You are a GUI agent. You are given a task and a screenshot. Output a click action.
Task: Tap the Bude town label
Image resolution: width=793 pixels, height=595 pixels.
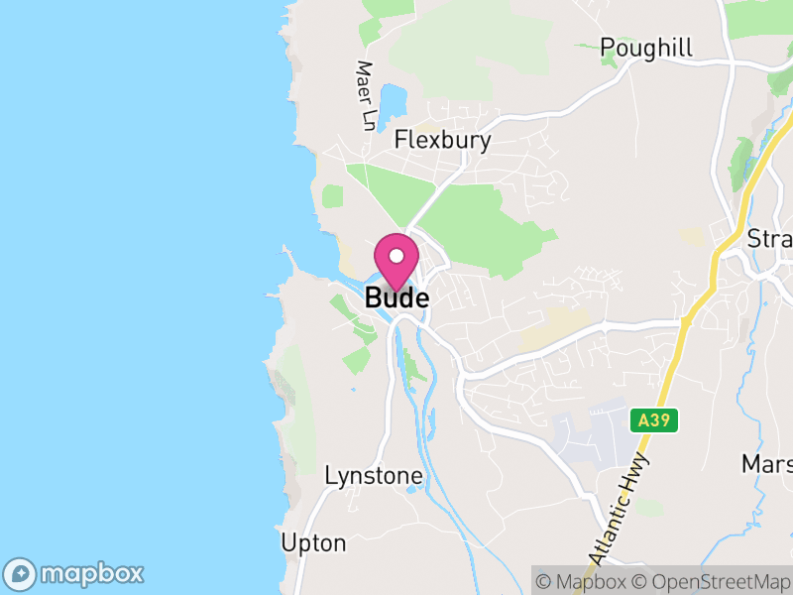pos(396,297)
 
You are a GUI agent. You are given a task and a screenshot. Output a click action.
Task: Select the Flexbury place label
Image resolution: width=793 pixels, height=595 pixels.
pos(442,140)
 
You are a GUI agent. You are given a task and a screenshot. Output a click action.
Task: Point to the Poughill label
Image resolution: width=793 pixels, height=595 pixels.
pos(646,48)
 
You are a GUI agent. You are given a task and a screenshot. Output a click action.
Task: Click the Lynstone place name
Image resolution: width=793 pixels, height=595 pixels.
pos(374,476)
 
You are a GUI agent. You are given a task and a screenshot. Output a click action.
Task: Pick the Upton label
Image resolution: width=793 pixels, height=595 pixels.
pos(313,543)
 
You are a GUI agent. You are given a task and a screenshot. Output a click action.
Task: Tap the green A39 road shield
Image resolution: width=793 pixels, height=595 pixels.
pos(654,420)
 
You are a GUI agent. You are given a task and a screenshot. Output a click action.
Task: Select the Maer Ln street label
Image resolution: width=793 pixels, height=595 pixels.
pos(367,96)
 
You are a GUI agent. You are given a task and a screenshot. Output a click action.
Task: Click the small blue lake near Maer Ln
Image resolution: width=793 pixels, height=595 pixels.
pos(393,99)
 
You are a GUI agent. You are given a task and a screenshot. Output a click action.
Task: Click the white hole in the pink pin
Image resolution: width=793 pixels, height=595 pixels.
pos(396,255)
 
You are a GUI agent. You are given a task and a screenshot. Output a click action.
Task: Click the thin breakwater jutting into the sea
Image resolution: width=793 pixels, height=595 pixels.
pos(293,260)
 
